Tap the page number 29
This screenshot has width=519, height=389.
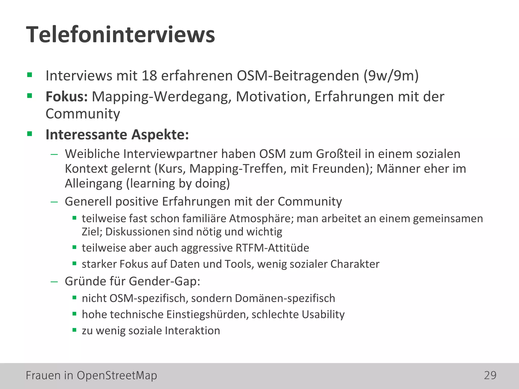coord(490,375)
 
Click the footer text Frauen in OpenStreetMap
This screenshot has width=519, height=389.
coord(91,375)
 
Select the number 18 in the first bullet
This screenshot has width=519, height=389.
coord(149,75)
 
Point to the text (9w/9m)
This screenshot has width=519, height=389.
coord(391,75)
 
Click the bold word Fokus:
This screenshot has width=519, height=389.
coord(67,96)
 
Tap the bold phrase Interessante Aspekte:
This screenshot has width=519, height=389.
coord(117,134)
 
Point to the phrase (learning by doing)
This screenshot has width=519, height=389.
coord(178,183)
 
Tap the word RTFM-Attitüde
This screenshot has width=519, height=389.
coord(272,248)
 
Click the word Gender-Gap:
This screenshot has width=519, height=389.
coord(164,281)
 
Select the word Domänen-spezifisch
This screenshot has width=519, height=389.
coord(285,298)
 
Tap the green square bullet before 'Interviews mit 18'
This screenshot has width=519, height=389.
coord(30,75)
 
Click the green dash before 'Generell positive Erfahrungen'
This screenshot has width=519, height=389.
coord(54,202)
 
